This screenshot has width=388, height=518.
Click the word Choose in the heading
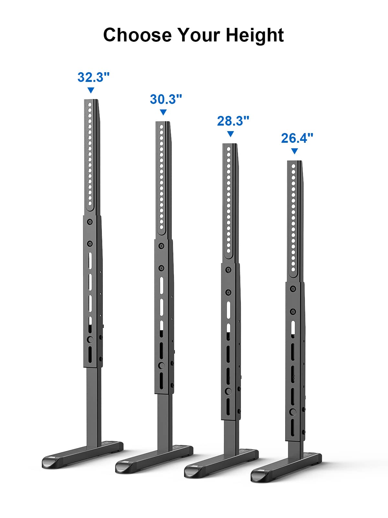(137, 35)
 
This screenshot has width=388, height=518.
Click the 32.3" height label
(93, 77)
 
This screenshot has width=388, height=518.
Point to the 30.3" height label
(166, 99)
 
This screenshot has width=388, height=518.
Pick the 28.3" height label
(233, 121)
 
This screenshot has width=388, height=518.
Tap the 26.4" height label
(297, 138)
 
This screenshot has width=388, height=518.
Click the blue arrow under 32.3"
(91, 90)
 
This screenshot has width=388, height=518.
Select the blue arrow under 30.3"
(163, 112)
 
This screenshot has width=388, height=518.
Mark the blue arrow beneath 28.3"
(231, 134)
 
